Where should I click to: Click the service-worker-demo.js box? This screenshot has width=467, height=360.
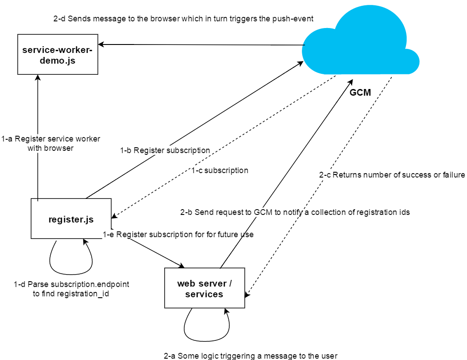pos(57,55)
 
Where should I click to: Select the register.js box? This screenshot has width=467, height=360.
pos(71,219)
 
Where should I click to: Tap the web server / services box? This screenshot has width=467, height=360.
pos(204,288)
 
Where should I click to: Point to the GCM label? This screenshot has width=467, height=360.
pos(360,93)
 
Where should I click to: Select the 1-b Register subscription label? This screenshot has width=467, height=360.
pos(165,150)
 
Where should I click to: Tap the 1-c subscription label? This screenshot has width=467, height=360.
pos(219,170)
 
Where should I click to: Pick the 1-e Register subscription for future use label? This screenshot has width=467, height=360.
pos(178,235)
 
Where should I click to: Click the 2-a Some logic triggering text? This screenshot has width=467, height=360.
pos(251,356)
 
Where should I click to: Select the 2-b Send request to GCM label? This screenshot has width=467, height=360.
pos(295,212)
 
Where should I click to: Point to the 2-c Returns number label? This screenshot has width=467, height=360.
pos(392,175)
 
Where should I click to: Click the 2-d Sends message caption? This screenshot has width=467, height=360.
pos(183,19)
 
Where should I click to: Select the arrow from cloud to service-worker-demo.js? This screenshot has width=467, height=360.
pos(200,44)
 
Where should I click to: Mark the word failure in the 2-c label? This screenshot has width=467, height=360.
pos(452,175)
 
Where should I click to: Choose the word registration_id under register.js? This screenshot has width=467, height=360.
pos(83,294)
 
